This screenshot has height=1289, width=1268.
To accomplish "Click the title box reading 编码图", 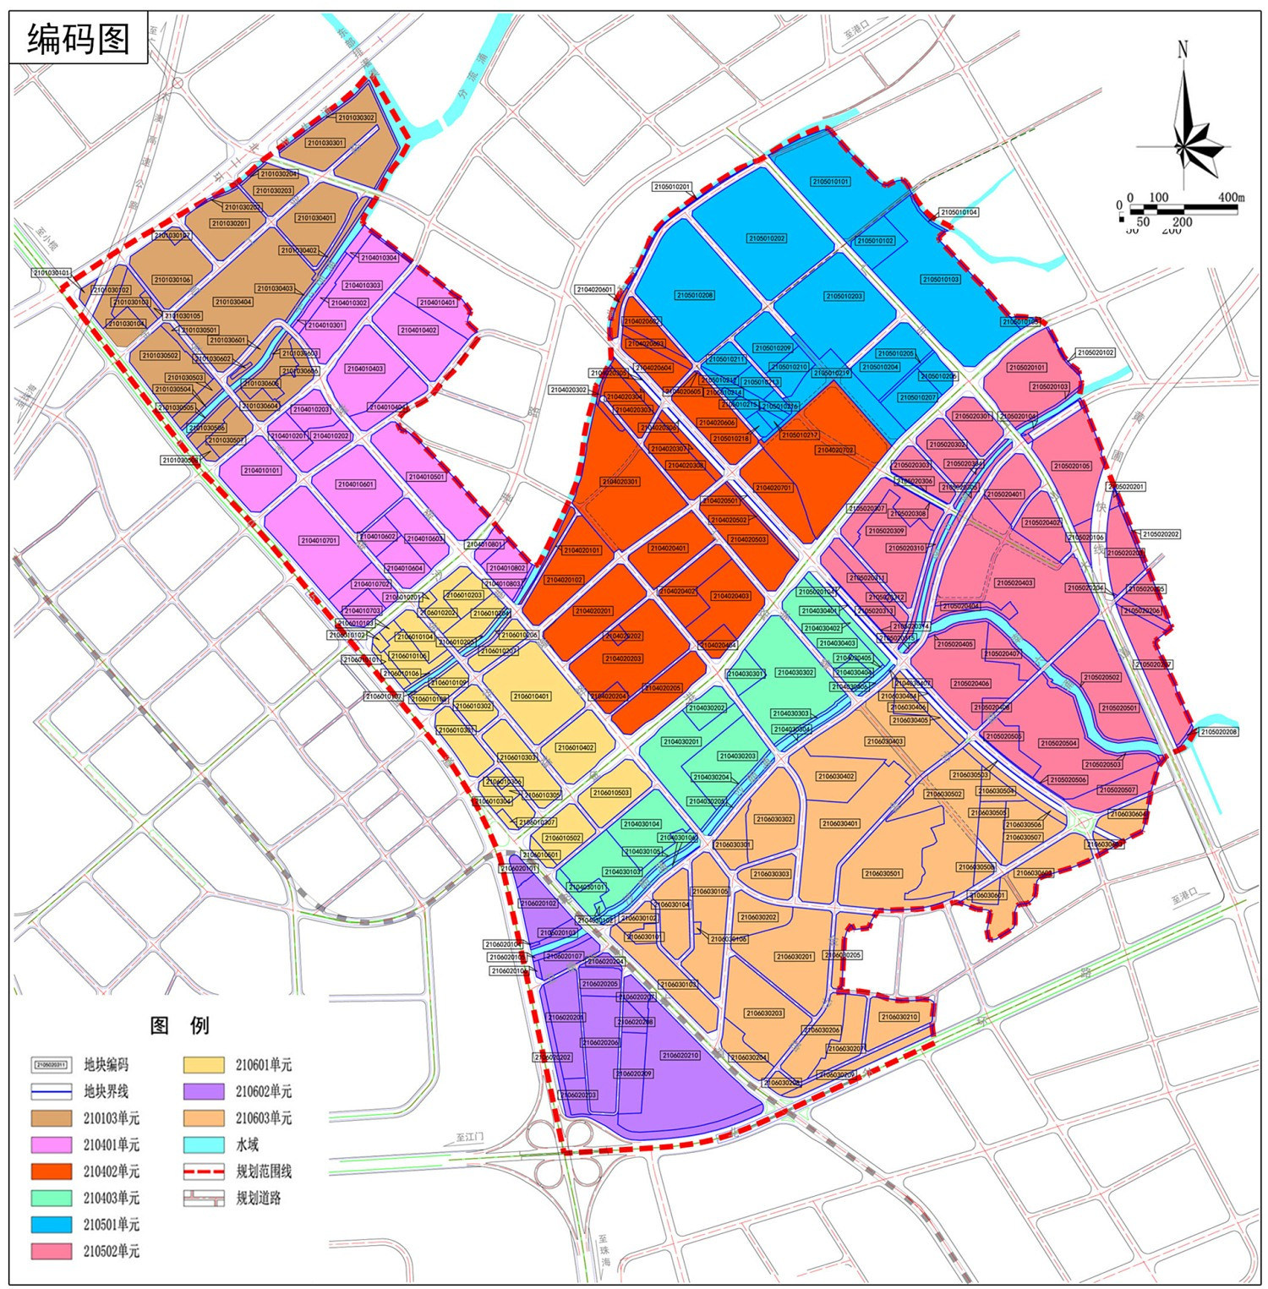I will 78,38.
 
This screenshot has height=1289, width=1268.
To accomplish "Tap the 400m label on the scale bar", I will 1231,197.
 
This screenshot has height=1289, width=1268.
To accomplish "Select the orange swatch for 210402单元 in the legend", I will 51,1172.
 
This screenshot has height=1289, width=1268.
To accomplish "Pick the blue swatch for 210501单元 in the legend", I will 51,1225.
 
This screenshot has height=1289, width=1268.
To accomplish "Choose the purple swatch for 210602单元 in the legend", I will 204,1091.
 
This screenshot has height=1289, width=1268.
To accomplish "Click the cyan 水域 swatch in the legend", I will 204,1144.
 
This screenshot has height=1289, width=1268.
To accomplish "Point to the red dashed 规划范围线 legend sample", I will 204,1172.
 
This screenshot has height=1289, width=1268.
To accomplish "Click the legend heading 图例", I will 179,1025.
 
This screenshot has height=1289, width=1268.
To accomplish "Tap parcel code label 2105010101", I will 830,182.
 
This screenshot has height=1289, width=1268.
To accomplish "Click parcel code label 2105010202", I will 766,238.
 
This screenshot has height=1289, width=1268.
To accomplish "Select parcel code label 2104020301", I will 620,482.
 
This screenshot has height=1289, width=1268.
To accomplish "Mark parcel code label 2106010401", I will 531,696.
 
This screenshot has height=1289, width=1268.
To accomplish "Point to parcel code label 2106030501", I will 883,874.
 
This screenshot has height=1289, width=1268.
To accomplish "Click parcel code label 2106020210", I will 680,1056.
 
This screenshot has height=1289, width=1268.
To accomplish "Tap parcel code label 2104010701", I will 319,540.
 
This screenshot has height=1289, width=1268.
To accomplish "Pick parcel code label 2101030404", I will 232,302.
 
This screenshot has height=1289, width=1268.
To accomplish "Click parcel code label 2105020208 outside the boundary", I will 1218,732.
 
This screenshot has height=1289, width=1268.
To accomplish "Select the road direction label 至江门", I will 469,1138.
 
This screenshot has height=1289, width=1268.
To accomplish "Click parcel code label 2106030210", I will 899,1017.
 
